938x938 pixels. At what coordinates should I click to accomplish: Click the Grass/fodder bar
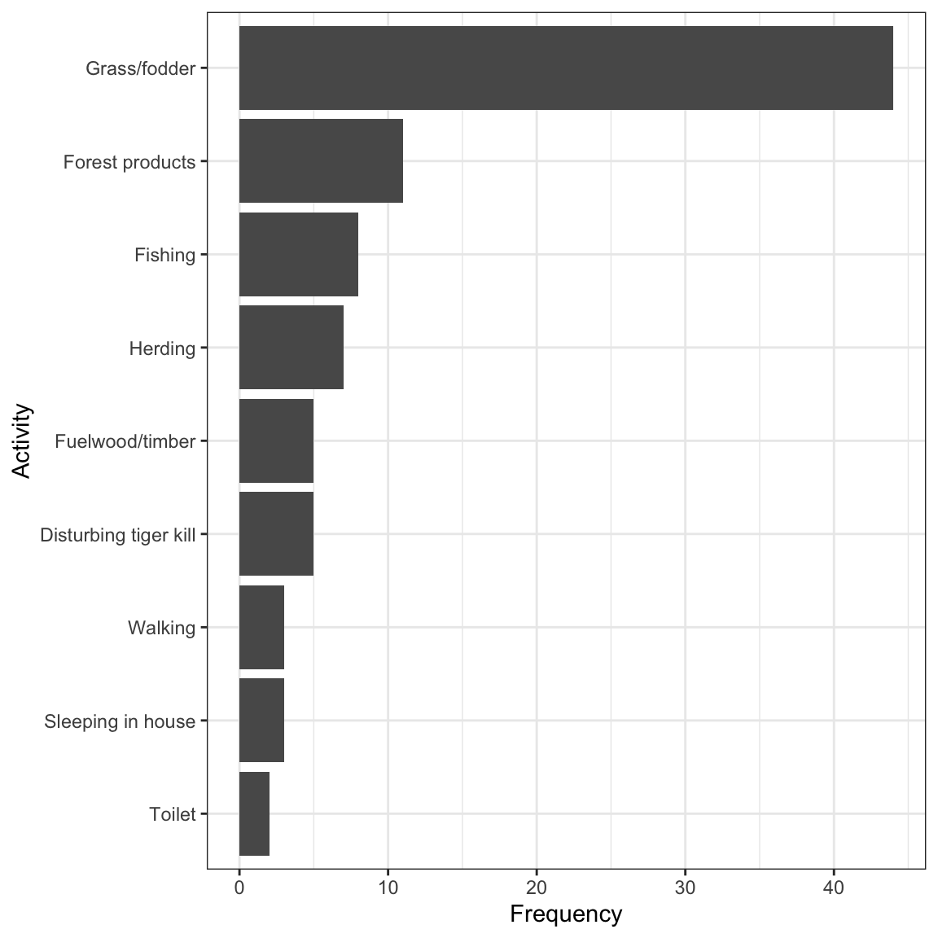(566, 68)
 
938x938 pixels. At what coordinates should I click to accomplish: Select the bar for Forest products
(322, 161)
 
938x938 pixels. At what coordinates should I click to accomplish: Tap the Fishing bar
(299, 254)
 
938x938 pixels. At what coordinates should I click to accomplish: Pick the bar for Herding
(291, 348)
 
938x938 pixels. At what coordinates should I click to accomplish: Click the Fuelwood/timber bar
(276, 441)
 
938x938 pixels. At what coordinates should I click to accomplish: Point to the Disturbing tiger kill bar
(276, 534)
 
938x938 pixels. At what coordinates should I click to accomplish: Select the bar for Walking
(261, 628)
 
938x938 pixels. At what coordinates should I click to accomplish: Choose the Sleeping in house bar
(261, 721)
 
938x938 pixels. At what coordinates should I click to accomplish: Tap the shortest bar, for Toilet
(254, 813)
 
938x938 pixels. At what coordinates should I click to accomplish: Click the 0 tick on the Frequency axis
(239, 888)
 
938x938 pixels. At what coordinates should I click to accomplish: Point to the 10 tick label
(388, 888)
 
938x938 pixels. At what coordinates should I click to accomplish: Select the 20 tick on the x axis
(537, 888)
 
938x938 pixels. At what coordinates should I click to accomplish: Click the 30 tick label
(685, 888)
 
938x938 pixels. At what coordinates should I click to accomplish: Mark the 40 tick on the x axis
(833, 888)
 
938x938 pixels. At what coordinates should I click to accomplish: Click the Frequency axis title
(566, 914)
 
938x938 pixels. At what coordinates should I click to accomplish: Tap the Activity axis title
(21, 441)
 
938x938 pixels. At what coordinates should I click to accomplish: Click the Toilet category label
(173, 814)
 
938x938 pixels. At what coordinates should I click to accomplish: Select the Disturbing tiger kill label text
(118, 535)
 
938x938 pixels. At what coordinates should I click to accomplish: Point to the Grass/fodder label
(141, 68)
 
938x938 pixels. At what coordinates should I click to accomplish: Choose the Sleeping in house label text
(120, 721)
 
